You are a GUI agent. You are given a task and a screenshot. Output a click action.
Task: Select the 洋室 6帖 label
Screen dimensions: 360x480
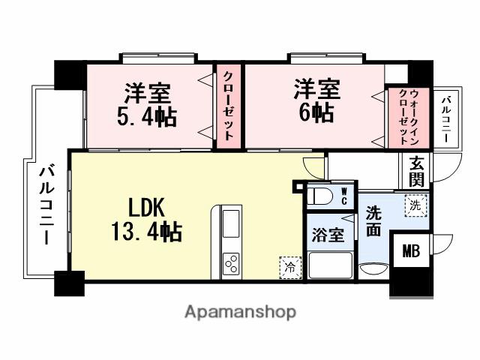pos(316,100)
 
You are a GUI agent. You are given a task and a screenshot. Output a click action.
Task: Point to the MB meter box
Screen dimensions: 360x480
pos(410,250)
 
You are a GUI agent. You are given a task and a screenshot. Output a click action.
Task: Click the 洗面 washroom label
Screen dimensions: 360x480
pos(373,222)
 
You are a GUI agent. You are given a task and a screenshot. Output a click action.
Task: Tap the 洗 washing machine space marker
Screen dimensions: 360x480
pos(414,203)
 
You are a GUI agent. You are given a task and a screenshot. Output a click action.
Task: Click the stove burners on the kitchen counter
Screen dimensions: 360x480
pos(231,263)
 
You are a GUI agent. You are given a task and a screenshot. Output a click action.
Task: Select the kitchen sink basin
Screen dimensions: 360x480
pos(230,223)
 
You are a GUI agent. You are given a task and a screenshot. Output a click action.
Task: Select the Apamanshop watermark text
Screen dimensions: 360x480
pos(239,310)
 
